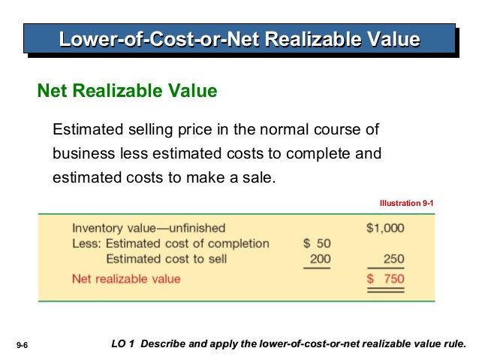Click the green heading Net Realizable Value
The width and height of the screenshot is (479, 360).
pyautogui.click(x=128, y=92)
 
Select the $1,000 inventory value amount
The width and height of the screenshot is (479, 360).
pyautogui.click(x=384, y=228)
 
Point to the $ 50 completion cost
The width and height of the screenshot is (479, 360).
pyautogui.click(x=316, y=244)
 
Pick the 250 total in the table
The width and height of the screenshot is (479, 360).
pyautogui.click(x=393, y=259)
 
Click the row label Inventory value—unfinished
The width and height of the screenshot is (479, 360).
pyautogui.click(x=148, y=228)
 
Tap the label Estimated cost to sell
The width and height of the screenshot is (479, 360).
pyautogui.click(x=166, y=259)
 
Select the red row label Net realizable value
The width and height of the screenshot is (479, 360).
pyautogui.click(x=126, y=279)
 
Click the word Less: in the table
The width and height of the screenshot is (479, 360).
pyautogui.click(x=87, y=244)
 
